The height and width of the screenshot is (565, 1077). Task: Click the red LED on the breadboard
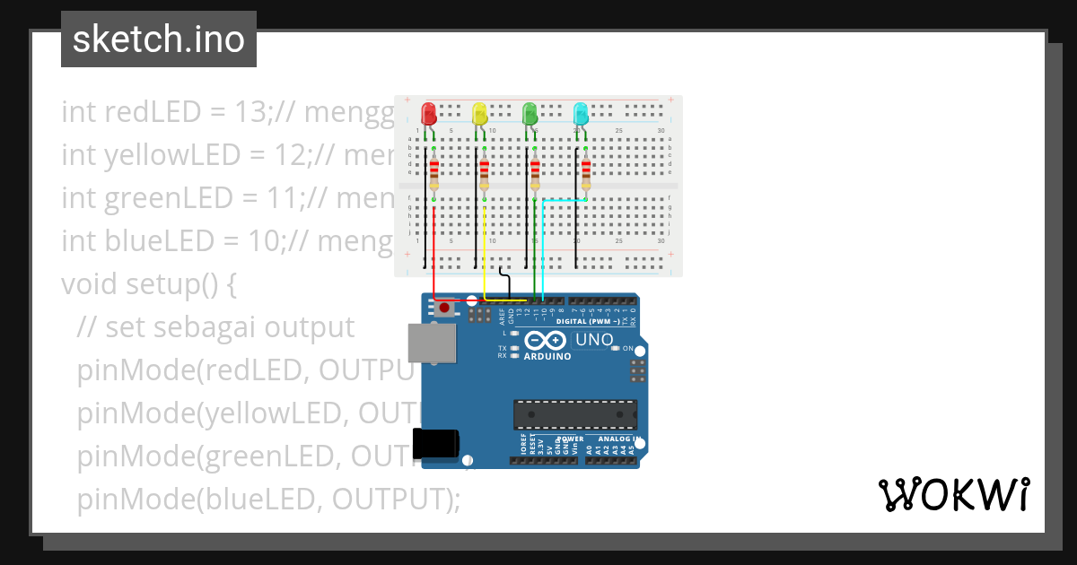pyautogui.click(x=429, y=114)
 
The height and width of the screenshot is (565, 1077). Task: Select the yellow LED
pyautogui.click(x=480, y=114)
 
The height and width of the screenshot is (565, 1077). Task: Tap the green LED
pyautogui.click(x=530, y=114)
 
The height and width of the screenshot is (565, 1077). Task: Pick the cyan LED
pyautogui.click(x=581, y=114)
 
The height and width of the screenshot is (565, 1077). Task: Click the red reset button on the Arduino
pyautogui.click(x=445, y=309)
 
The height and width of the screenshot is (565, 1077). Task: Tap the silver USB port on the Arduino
pyautogui.click(x=429, y=343)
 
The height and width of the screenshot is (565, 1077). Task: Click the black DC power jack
pyautogui.click(x=436, y=443)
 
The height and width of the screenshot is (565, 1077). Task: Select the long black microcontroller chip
pyautogui.click(x=575, y=414)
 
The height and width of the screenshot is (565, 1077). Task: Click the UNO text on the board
pyautogui.click(x=593, y=340)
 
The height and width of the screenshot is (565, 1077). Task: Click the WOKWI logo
pyautogui.click(x=954, y=494)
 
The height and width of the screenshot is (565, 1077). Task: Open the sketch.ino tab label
pyautogui.click(x=159, y=39)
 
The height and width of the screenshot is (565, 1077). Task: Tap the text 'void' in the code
pyautogui.click(x=90, y=284)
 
